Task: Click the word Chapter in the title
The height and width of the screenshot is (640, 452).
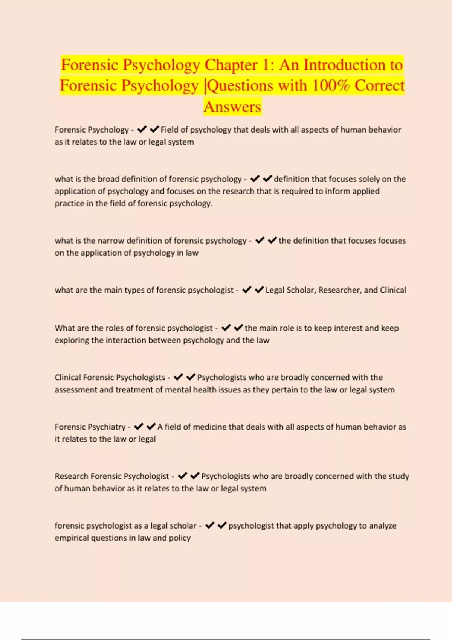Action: click(x=231, y=65)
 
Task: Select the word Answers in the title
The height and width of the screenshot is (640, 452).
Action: click(x=232, y=107)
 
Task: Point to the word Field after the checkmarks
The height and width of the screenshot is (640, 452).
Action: click(x=169, y=130)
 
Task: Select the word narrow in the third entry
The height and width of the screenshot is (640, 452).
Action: click(x=110, y=241)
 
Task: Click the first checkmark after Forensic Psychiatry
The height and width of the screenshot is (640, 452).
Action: click(x=139, y=427)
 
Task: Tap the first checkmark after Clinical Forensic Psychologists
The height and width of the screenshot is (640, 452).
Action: click(x=178, y=377)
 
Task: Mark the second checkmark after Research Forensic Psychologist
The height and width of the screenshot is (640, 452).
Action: click(x=195, y=476)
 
